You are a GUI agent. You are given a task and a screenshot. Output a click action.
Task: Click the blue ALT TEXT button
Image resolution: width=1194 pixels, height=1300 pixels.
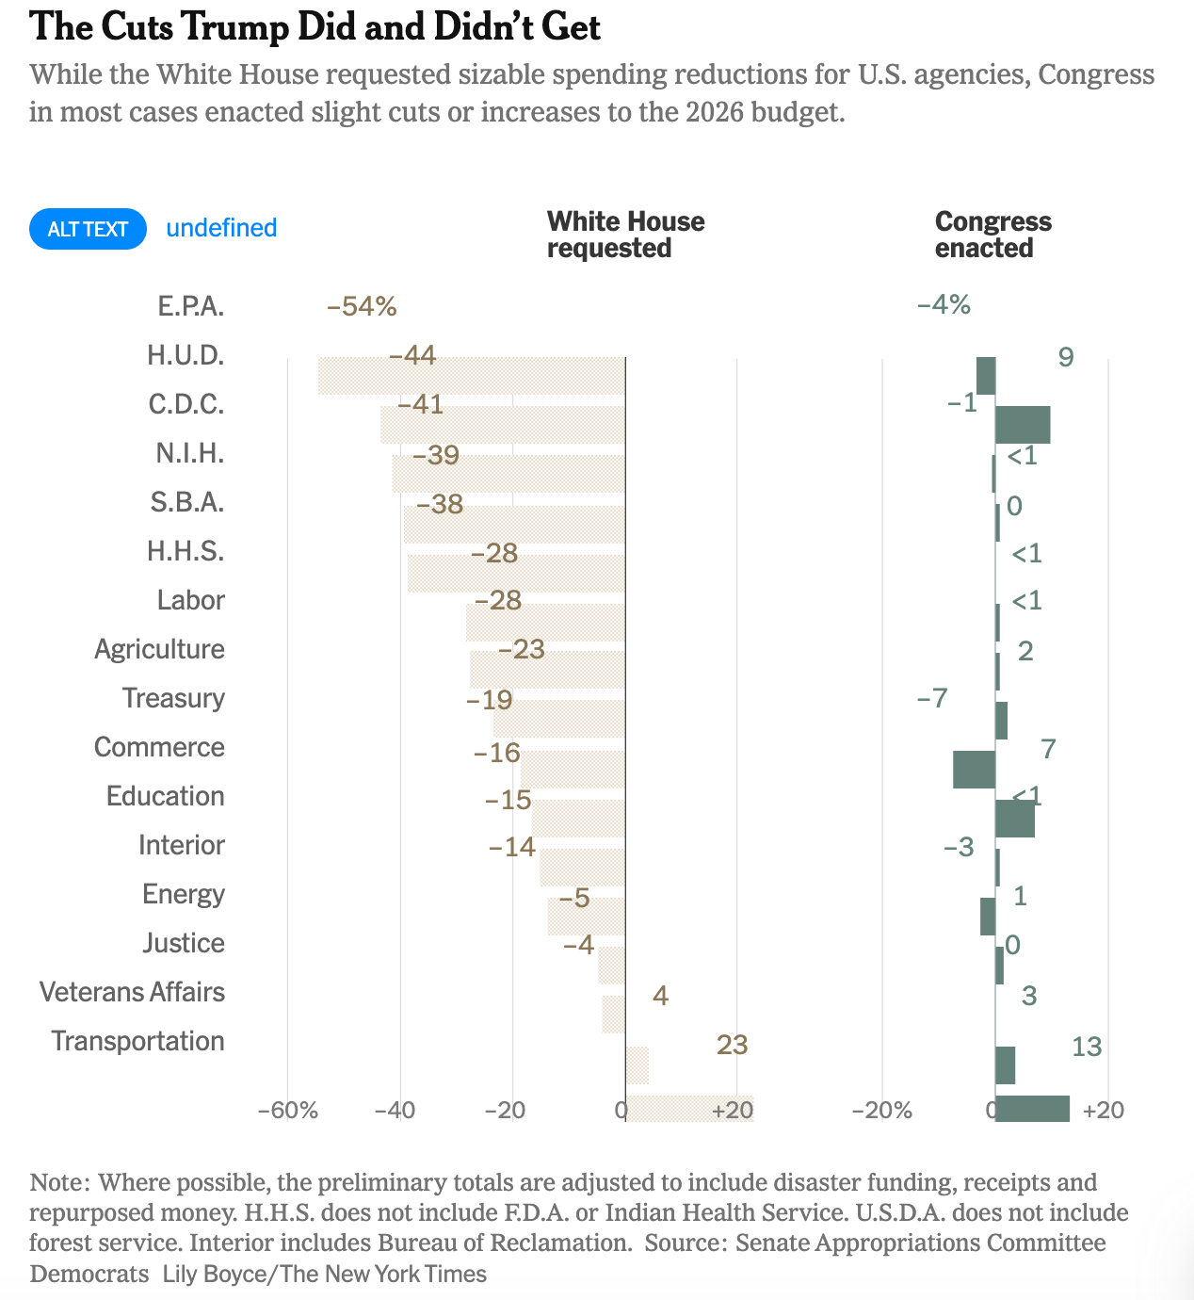[x=88, y=229]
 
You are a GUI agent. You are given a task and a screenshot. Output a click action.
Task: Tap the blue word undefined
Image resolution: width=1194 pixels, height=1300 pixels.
[x=221, y=228]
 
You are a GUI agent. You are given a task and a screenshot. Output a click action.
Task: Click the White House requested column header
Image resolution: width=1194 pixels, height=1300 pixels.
[x=625, y=235]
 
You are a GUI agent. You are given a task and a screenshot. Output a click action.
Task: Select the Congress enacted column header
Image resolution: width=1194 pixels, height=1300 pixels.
[x=992, y=235]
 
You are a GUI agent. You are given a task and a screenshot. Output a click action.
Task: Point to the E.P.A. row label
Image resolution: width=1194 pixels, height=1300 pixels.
[x=191, y=306]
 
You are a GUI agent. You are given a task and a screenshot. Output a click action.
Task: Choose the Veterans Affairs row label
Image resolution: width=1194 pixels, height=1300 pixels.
[x=132, y=992]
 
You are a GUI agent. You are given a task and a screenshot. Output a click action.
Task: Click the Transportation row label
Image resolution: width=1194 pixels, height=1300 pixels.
[x=137, y=1041]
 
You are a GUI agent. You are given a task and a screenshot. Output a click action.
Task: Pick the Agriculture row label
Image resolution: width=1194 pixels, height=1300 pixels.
[x=159, y=649]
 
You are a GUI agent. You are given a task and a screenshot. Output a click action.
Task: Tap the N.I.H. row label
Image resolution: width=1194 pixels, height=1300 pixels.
[x=190, y=453]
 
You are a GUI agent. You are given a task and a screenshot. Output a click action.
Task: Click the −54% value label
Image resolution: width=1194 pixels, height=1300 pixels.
[x=362, y=306]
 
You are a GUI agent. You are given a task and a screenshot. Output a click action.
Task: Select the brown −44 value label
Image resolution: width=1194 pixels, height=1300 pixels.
[x=412, y=355]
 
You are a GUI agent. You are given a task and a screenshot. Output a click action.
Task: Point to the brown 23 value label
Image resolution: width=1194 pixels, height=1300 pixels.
[x=732, y=1045]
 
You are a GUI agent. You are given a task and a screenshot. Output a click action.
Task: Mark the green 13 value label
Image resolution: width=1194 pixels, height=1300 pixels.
[x=1086, y=1047]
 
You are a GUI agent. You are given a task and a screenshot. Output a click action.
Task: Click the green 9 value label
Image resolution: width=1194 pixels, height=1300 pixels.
[x=1065, y=357]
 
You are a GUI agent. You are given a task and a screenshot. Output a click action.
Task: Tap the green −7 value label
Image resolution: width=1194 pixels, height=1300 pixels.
[x=931, y=698]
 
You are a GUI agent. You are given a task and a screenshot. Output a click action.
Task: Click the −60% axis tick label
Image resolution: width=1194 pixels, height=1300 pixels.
[x=288, y=1110]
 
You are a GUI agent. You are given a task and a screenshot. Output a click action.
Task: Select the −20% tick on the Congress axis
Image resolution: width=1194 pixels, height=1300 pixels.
[x=881, y=1110]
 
